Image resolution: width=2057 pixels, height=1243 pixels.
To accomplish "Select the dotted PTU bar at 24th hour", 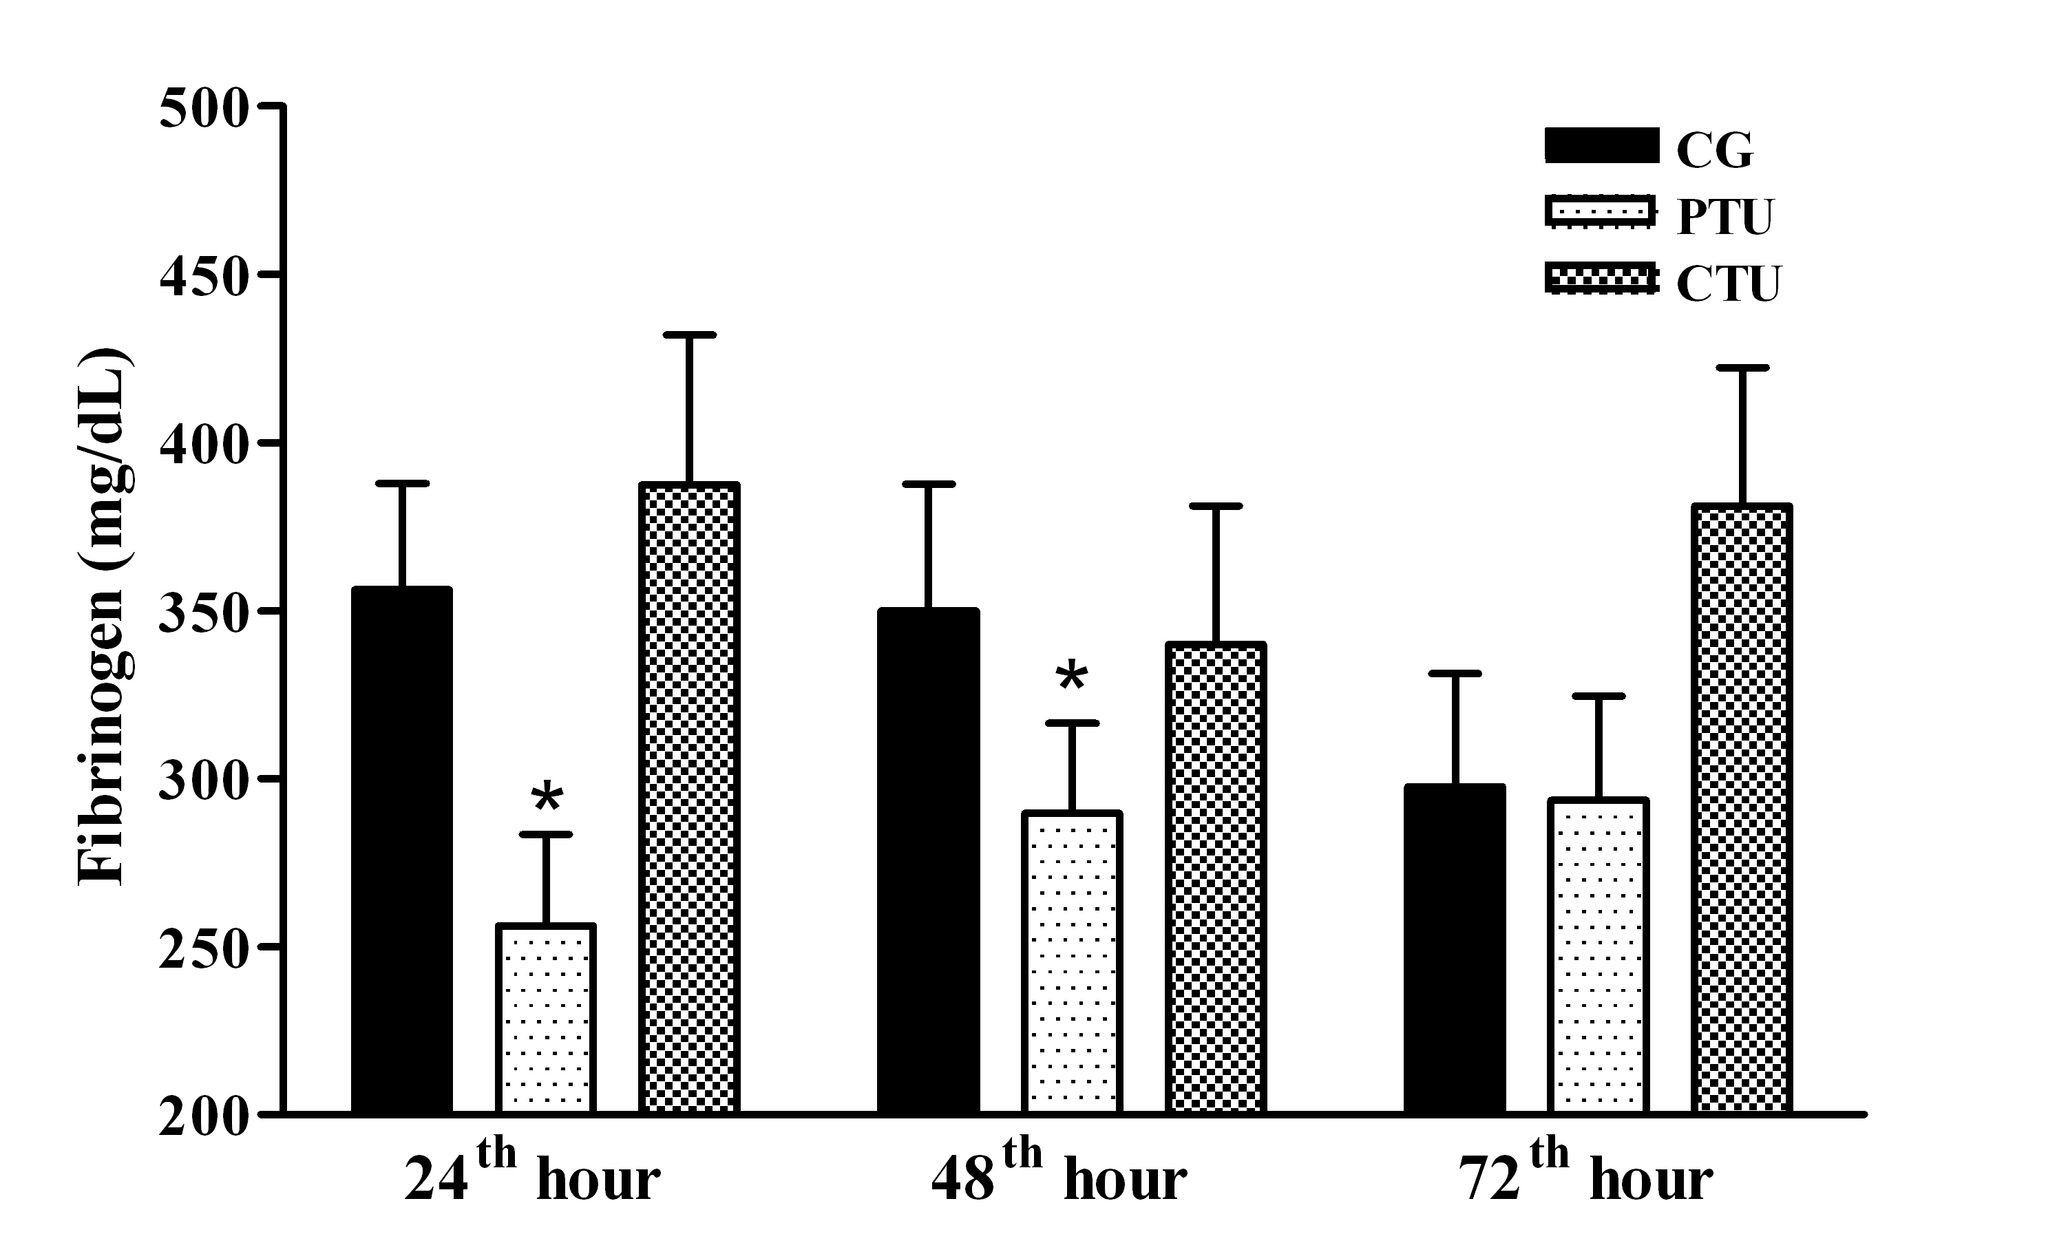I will coord(545,1019).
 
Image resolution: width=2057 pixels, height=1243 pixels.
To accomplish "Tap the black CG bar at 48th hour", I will coord(927,860).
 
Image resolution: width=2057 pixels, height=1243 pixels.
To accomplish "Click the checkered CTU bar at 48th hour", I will coord(1216,878).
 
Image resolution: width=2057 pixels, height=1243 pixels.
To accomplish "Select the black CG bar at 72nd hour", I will coord(1454,948).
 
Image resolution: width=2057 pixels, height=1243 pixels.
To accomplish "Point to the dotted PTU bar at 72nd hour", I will coord(1598,955).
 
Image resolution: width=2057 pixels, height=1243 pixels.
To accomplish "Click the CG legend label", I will coord(1715,151).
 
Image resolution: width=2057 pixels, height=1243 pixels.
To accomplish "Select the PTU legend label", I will coord(1724,218).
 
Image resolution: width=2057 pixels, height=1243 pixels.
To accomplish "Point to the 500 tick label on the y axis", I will coord(204,109).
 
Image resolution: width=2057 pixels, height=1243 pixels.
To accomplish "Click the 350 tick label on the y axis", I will coord(204,613).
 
